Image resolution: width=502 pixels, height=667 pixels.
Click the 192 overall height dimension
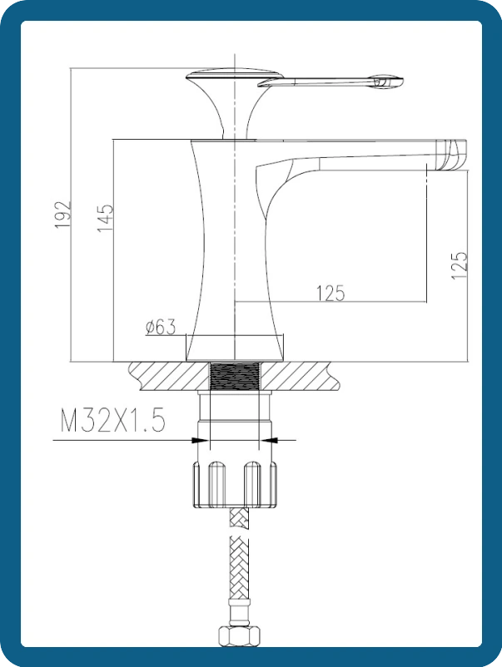click(x=63, y=214)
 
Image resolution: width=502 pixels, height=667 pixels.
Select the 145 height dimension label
click(x=106, y=217)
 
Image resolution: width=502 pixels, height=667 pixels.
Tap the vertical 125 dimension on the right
click(x=460, y=265)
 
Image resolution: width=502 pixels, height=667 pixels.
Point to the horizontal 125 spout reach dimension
click(x=331, y=293)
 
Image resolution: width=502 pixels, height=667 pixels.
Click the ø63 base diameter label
click(x=160, y=327)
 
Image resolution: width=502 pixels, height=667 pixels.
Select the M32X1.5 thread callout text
click(x=112, y=420)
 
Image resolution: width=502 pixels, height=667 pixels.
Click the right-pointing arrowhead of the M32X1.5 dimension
click(x=201, y=440)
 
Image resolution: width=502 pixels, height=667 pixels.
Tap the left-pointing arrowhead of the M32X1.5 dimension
click(x=268, y=440)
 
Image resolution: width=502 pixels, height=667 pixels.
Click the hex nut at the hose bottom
click(x=239, y=636)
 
